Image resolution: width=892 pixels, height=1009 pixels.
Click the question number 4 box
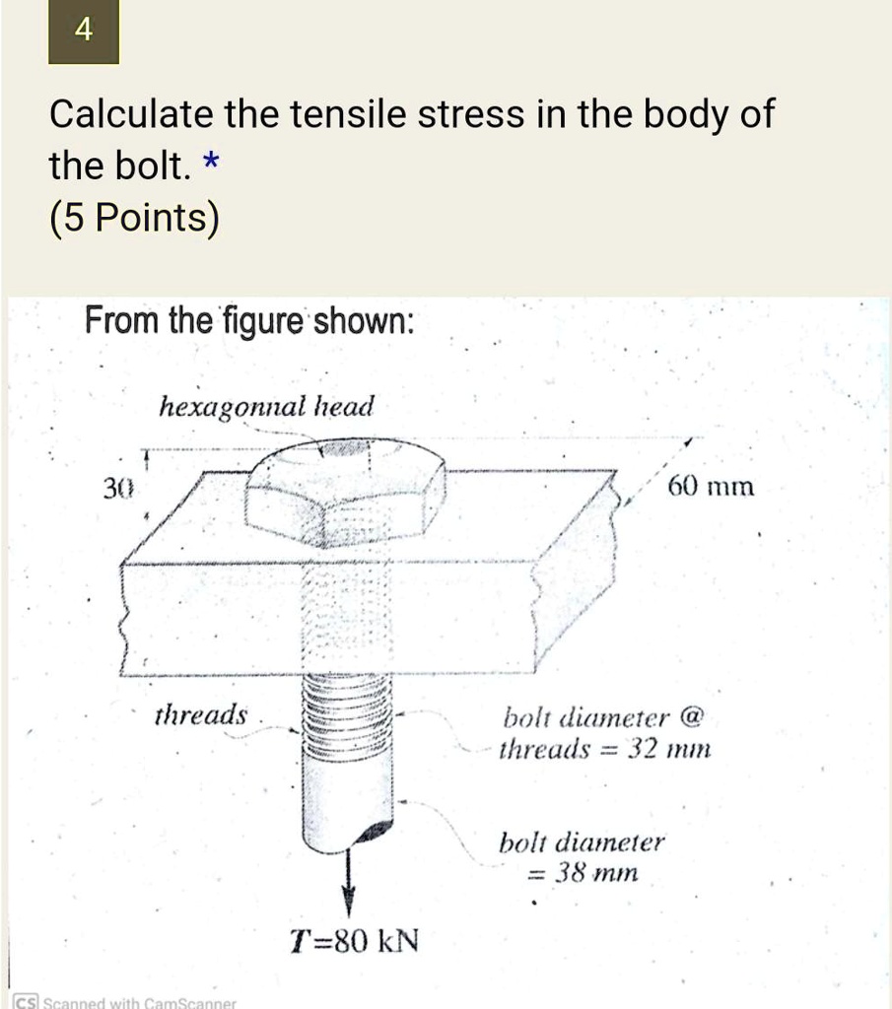point(84,31)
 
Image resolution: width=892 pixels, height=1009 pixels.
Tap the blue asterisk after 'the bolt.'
point(211,161)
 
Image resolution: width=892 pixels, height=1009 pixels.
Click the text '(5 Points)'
point(134,218)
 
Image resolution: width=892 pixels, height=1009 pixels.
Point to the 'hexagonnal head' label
point(266,407)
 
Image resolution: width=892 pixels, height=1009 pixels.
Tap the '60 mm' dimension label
point(711,486)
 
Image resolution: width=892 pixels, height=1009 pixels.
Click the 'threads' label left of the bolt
point(201,715)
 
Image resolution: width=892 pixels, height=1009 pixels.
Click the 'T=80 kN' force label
point(354,941)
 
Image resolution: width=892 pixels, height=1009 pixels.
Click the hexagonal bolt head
point(345,493)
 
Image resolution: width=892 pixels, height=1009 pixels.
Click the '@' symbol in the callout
point(691,716)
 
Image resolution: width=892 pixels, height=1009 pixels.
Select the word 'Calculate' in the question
point(131,114)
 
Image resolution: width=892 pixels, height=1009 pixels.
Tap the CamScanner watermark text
point(125,1002)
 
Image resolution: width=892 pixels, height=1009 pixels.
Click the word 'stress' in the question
point(470,114)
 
